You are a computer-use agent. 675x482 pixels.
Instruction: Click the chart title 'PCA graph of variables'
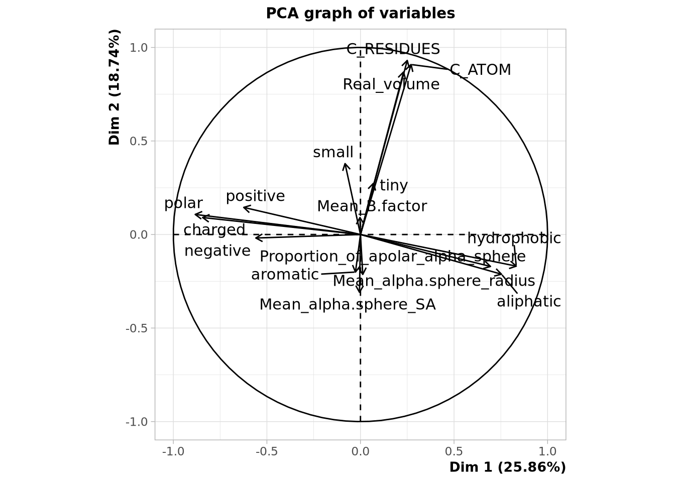[360, 13]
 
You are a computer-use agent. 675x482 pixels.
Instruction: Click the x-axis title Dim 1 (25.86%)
[507, 467]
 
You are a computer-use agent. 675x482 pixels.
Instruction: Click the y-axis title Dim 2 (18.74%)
[115, 87]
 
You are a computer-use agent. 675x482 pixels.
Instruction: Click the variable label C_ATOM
[480, 70]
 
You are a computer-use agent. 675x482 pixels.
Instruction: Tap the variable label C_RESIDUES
[393, 49]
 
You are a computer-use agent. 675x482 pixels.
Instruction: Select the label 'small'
[333, 152]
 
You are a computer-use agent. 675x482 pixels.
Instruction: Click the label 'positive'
[255, 196]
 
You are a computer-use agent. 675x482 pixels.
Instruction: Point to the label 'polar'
[183, 203]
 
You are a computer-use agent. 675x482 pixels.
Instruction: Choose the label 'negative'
[217, 251]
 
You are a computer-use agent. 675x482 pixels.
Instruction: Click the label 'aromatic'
[285, 275]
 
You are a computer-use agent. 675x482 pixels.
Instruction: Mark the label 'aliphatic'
[529, 301]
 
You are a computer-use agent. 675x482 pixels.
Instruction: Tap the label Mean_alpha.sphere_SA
[348, 305]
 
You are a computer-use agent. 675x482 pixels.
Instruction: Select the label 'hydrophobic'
[514, 238]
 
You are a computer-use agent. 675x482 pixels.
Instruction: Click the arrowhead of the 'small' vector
[345, 164]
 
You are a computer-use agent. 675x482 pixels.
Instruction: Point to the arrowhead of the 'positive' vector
[244, 207]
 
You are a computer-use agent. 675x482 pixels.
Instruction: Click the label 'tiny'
[394, 186]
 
